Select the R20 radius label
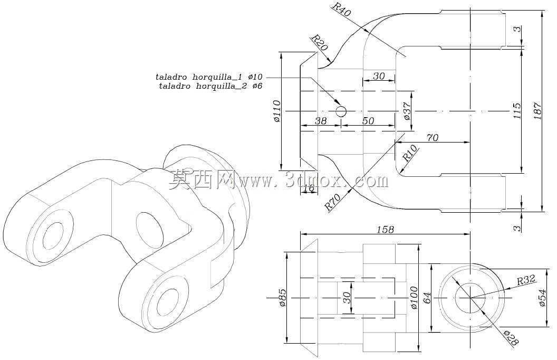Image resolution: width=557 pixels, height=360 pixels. (x=319, y=42)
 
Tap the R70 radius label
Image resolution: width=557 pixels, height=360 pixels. (x=332, y=202)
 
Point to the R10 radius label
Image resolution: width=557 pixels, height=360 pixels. (x=410, y=153)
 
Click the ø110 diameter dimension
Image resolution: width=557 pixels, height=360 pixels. (x=277, y=111)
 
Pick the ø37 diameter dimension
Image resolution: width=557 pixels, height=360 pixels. (x=407, y=111)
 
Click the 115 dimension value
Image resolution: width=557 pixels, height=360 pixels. (x=517, y=111)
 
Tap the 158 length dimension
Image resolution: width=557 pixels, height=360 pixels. (x=385, y=229)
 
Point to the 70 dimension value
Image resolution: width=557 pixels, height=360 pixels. (x=433, y=138)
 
